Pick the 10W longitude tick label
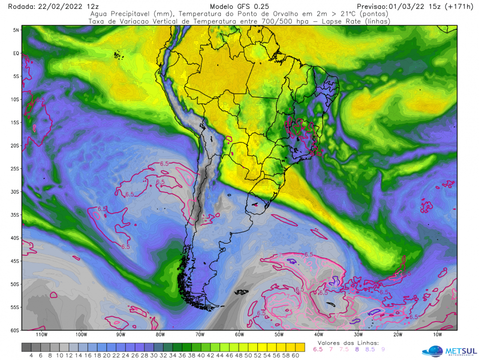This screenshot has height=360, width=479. point(437,334)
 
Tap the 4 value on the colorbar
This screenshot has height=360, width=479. point(31,355)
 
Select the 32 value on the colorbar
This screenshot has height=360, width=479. point(163,355)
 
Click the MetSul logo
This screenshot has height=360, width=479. point(448,350)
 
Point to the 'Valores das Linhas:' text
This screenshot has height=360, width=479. point(348,343)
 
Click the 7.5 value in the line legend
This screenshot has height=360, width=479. point(344,349)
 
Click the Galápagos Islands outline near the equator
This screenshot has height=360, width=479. point(118,55)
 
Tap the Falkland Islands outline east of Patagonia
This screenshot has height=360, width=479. point(242,292)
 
